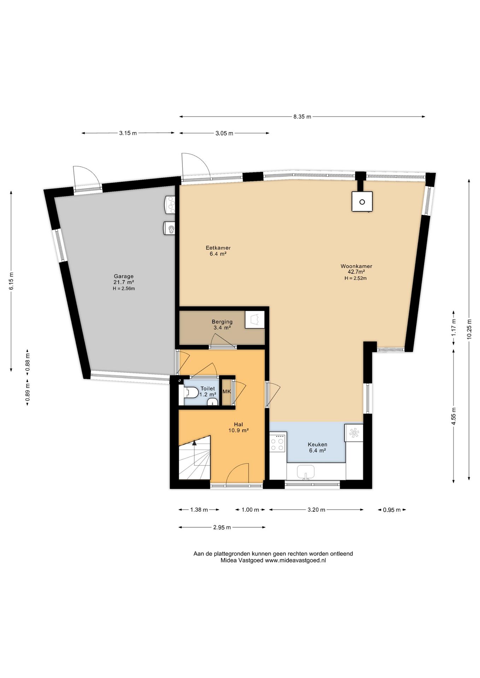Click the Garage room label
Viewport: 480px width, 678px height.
(123, 276)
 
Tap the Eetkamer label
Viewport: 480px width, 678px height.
(218, 248)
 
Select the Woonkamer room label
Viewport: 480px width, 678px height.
(356, 266)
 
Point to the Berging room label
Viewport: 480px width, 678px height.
(222, 322)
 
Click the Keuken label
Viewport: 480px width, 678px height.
(317, 445)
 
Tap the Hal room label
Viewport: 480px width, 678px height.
(238, 424)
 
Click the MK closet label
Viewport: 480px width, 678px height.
(227, 391)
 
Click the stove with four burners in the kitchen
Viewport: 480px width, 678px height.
(278, 442)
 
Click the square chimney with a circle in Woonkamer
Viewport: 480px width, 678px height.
(362, 202)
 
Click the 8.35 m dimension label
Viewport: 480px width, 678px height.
(302, 117)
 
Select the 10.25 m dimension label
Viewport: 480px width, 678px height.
(469, 329)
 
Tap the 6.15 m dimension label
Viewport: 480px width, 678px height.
(11, 281)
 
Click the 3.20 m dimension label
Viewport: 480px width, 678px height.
(316, 510)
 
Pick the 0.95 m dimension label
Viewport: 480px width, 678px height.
(392, 510)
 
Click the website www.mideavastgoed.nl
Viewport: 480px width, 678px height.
(295, 560)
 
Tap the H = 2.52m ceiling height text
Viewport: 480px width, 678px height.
(356, 278)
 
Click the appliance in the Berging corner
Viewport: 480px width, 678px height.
(255, 320)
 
